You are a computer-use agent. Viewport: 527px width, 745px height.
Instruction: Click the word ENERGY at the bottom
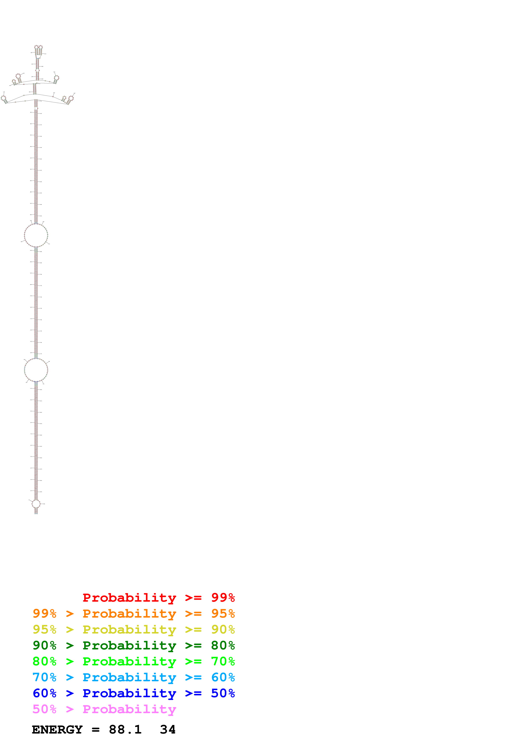pos(57,729)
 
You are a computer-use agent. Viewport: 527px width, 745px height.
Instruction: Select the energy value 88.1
pos(125,729)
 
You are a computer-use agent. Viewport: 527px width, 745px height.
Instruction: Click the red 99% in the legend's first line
pos(223,597)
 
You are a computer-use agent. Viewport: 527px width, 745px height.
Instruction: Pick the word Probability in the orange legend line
pos(129,614)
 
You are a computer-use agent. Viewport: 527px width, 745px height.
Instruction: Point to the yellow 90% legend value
pos(223,629)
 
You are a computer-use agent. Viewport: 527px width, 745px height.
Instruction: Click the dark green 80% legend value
pos(223,645)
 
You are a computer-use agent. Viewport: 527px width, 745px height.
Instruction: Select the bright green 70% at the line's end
pos(223,661)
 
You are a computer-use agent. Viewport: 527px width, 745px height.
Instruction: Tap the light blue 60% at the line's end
pos(223,677)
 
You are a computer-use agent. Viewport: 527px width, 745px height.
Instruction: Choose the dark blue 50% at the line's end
pos(223,693)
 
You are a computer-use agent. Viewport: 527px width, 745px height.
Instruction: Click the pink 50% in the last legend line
pos(44,709)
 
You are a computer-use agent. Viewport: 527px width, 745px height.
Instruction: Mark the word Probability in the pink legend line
pos(129,709)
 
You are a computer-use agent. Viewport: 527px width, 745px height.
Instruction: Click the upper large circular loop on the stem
pos(36,235)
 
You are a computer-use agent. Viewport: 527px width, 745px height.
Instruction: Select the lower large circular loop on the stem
pos(36,370)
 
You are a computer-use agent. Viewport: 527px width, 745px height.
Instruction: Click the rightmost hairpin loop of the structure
pos(71,98)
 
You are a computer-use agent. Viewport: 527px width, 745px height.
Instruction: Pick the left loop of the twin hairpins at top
pos(36,47)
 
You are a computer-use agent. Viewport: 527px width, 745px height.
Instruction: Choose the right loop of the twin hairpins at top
pos(41,47)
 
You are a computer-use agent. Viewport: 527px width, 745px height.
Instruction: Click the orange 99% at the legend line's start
pos(44,614)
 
